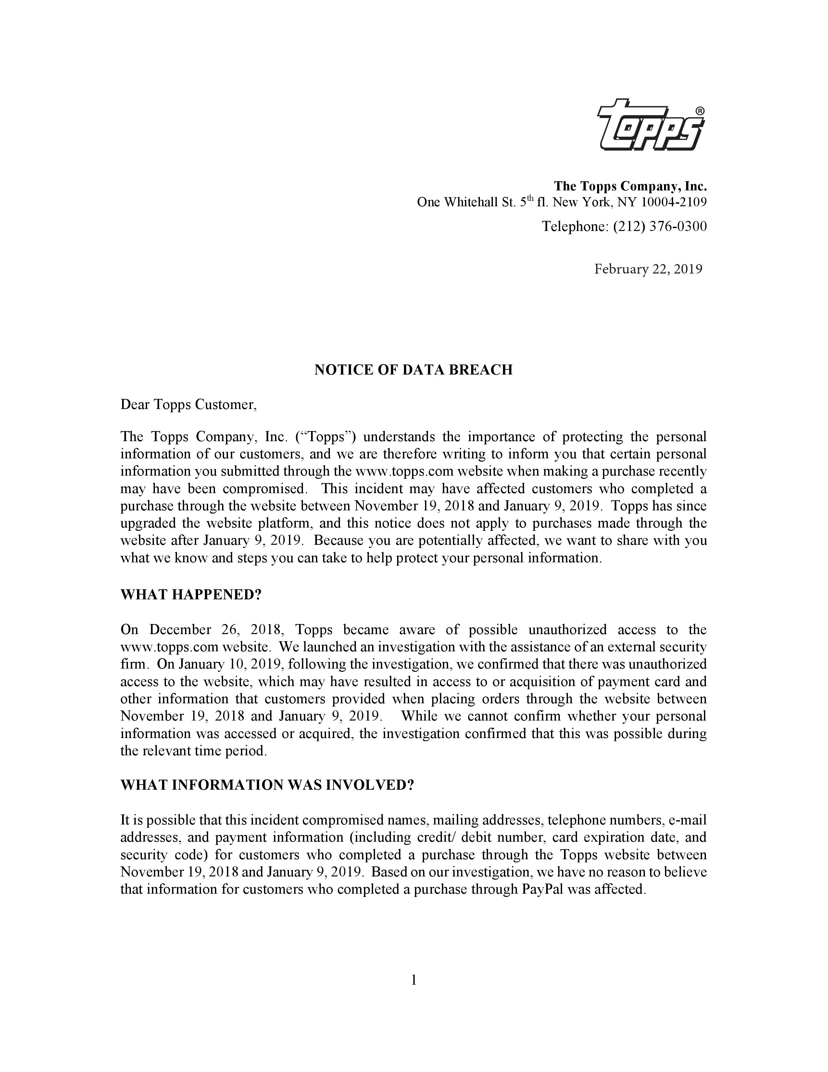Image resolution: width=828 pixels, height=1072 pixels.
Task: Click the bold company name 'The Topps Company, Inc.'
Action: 630,186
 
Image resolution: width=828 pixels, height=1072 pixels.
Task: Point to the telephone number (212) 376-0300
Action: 660,226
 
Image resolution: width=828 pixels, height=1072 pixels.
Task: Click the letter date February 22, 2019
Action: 648,269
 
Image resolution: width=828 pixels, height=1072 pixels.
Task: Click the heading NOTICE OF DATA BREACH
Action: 413,370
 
